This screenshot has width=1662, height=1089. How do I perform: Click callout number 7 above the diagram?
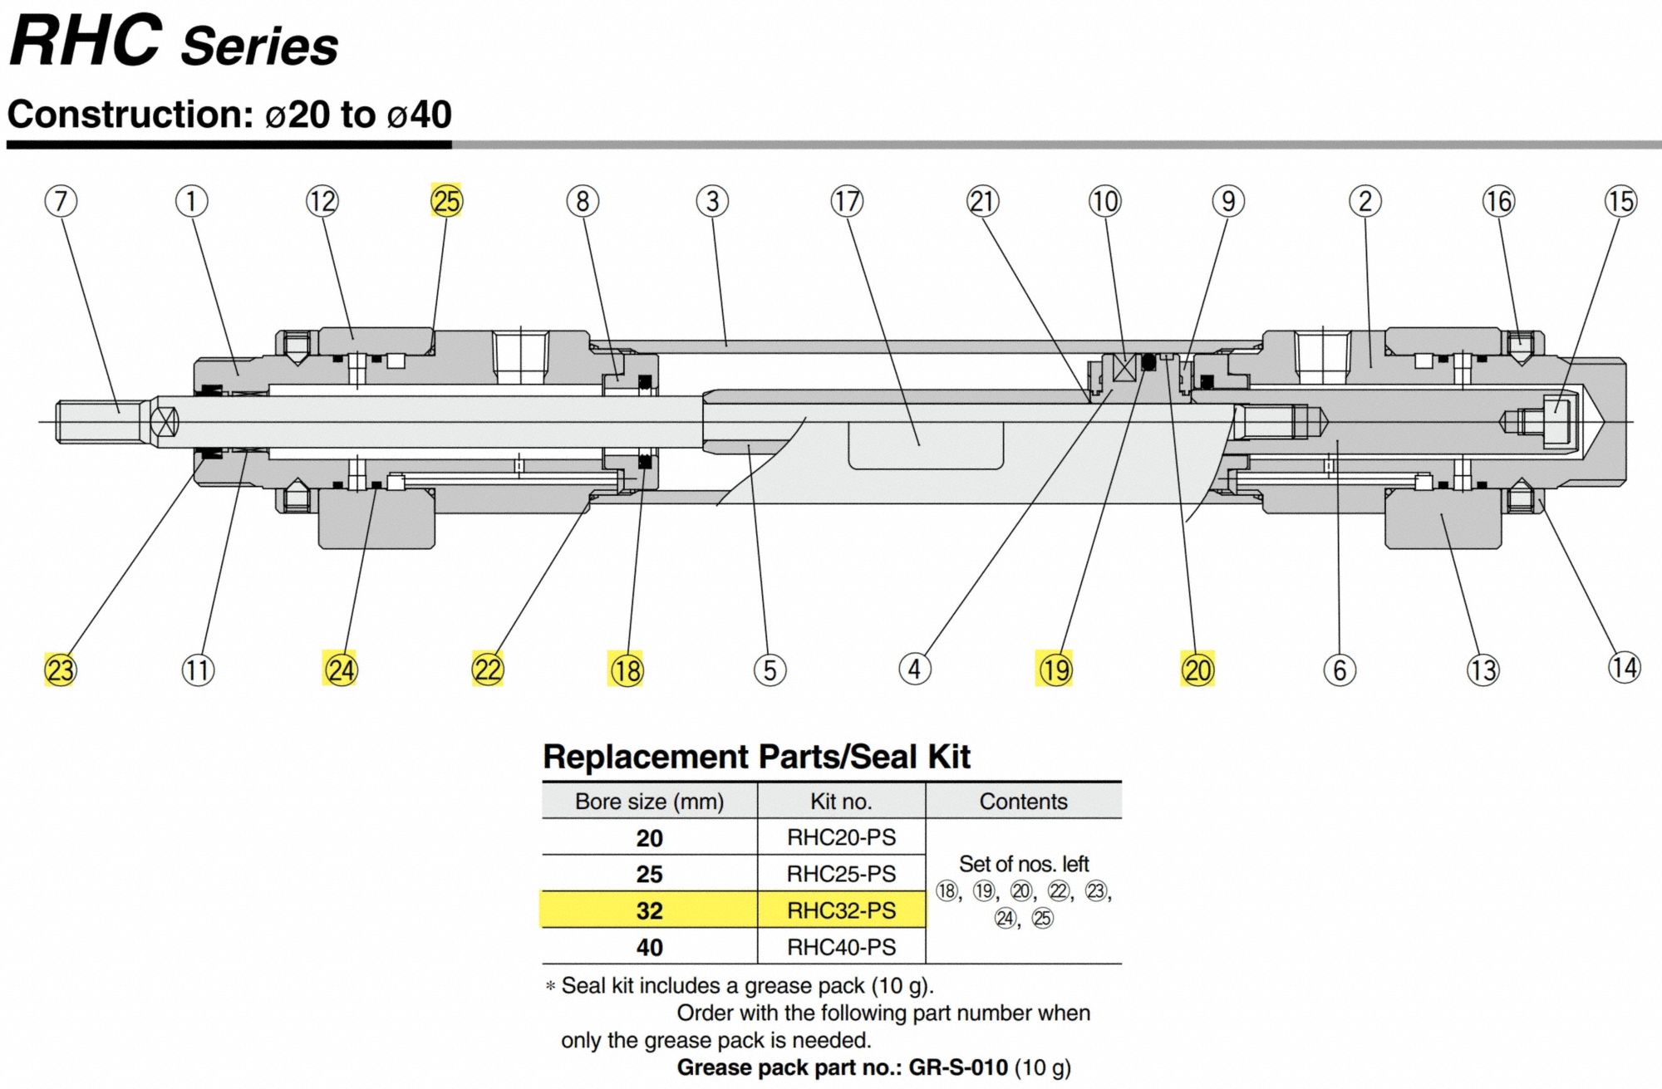(61, 201)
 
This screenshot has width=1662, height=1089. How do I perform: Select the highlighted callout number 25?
(446, 201)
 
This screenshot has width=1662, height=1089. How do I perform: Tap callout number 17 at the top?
(847, 201)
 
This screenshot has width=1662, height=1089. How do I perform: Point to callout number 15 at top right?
(1620, 201)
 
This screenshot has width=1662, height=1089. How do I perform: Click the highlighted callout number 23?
(60, 670)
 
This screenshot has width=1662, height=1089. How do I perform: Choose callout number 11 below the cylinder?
(198, 670)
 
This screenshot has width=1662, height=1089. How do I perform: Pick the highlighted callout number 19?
(1055, 670)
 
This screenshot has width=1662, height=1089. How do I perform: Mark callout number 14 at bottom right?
(1624, 667)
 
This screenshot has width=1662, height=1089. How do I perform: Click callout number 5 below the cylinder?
(770, 670)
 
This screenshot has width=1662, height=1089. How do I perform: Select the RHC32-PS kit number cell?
(841, 910)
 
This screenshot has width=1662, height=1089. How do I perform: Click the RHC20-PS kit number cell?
(841, 837)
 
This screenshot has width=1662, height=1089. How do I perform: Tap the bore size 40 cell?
(649, 947)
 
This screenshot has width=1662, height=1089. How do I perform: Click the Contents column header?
(1023, 802)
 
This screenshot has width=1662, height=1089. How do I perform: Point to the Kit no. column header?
(841, 802)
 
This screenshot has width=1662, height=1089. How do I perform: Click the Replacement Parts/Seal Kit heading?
(756, 757)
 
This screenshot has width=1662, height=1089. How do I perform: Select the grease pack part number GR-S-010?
(957, 1067)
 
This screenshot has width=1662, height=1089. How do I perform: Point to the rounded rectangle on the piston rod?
(925, 445)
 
